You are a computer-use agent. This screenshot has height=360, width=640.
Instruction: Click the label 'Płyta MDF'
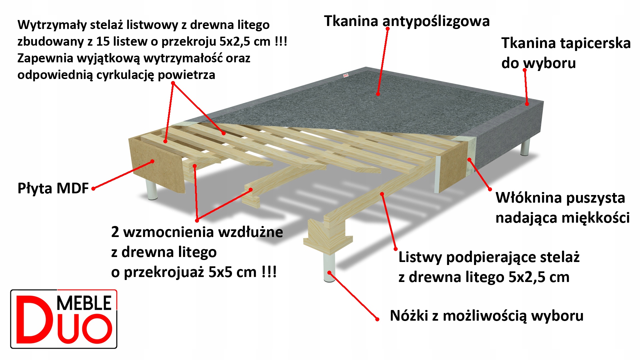tap(53, 188)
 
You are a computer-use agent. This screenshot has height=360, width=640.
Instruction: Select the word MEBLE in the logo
tap(84, 303)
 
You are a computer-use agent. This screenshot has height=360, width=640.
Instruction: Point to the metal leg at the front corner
tap(329, 267)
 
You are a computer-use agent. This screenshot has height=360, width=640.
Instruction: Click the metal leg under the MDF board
tap(152, 190)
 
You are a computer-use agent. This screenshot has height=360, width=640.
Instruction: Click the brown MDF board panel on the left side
tap(157, 165)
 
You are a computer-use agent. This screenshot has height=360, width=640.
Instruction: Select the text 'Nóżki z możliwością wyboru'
tap(487, 316)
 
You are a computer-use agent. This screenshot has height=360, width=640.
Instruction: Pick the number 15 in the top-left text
tap(103, 42)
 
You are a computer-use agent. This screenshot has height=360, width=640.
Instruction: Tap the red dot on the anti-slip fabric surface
tap(378, 94)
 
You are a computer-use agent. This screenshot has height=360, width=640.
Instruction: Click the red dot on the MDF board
tap(152, 161)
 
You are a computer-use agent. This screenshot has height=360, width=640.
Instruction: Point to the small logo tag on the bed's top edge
tap(346, 76)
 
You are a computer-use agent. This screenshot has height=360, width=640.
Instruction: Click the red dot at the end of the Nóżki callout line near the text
tap(377, 319)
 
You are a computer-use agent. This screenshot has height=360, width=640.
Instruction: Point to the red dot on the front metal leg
tap(329, 273)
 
